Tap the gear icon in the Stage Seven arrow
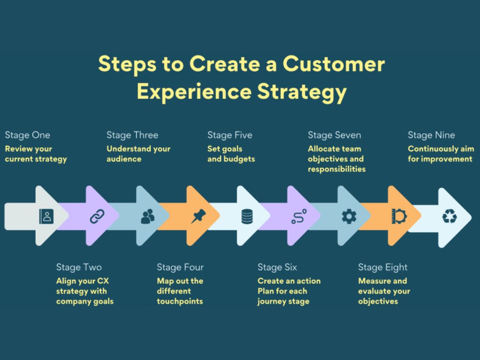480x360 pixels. click(349, 216)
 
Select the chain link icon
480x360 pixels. click(97, 216)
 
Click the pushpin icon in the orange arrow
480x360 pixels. click(198, 216)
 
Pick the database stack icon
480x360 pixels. click(247, 216)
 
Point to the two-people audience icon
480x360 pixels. click(148, 216)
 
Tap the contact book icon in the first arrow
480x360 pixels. click(47, 216)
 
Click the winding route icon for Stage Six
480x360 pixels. click(298, 217)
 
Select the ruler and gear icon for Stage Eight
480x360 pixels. click(399, 216)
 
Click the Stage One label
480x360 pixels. click(28, 135)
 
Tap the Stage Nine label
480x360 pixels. click(431, 135)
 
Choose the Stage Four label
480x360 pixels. click(180, 268)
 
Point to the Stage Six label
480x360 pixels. click(277, 268)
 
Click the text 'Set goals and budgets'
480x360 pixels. click(231, 154)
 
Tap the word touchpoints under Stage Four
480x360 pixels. click(180, 301)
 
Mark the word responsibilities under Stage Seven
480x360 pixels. click(337, 169)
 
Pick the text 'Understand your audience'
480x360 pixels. click(138, 154)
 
